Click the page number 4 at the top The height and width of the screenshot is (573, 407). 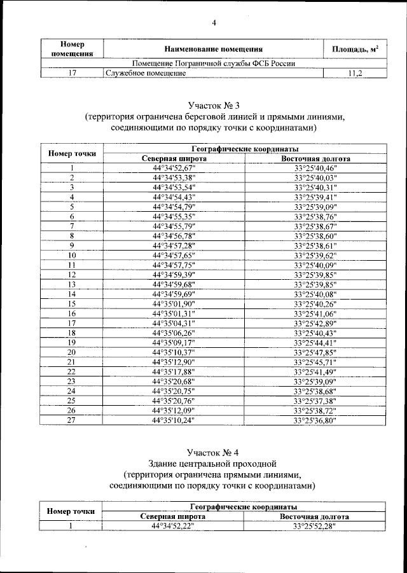(x=214, y=24)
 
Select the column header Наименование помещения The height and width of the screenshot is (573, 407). (x=213, y=49)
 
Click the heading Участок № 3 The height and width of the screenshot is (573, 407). (x=214, y=105)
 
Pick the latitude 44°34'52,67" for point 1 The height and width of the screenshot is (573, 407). (x=174, y=168)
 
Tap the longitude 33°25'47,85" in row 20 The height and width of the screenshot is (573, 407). (x=315, y=352)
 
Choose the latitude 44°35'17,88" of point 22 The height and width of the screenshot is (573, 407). (x=174, y=371)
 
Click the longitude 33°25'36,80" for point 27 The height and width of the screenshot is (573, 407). (x=315, y=420)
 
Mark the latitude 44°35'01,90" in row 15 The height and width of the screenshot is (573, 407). (x=174, y=303)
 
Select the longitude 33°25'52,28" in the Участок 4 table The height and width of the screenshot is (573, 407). (x=314, y=527)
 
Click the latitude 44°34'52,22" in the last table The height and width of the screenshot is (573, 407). (x=173, y=527)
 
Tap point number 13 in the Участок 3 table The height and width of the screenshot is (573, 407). (x=72, y=284)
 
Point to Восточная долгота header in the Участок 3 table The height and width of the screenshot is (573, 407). (x=315, y=158)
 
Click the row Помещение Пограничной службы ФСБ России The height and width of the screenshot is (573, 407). (x=213, y=64)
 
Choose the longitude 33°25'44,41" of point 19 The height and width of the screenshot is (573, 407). (x=315, y=342)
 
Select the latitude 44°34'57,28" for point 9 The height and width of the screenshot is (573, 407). (x=174, y=245)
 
